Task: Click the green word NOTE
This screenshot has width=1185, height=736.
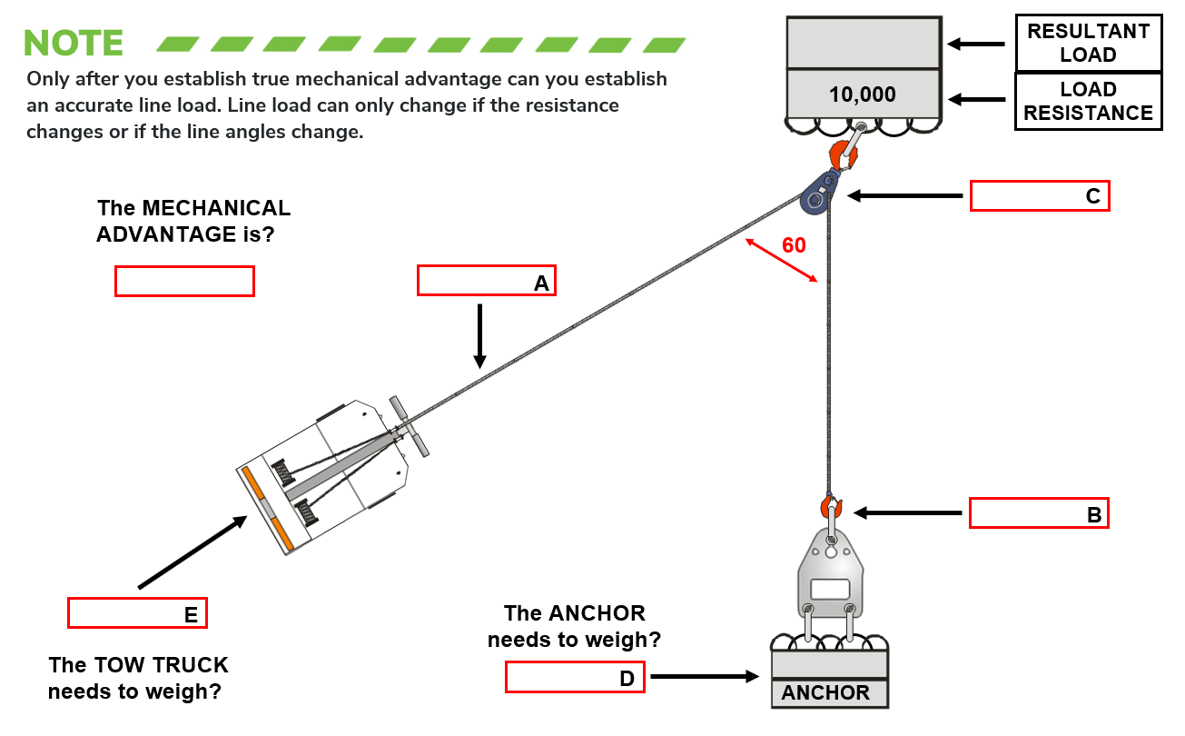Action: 74,43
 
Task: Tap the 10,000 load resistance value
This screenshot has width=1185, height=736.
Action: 862,94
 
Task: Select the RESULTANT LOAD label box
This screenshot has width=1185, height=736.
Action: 1088,43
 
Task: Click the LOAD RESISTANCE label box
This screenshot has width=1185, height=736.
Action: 1088,101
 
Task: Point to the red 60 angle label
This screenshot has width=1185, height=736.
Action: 793,245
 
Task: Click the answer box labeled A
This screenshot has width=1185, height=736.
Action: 486,281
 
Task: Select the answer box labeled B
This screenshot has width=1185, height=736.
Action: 1039,513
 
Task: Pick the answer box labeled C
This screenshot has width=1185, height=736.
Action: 1040,196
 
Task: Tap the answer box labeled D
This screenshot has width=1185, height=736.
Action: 575,677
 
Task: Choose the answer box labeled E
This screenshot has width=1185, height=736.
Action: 137,613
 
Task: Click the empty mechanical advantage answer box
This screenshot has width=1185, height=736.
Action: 184,281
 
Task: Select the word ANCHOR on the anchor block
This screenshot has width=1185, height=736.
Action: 825,693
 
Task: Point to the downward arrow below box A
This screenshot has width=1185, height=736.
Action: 480,336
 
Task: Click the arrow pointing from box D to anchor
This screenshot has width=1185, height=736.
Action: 705,677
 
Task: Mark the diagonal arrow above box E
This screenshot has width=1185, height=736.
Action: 193,552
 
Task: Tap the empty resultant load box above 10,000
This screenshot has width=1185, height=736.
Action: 862,43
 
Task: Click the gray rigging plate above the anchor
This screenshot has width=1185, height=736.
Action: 831,577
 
